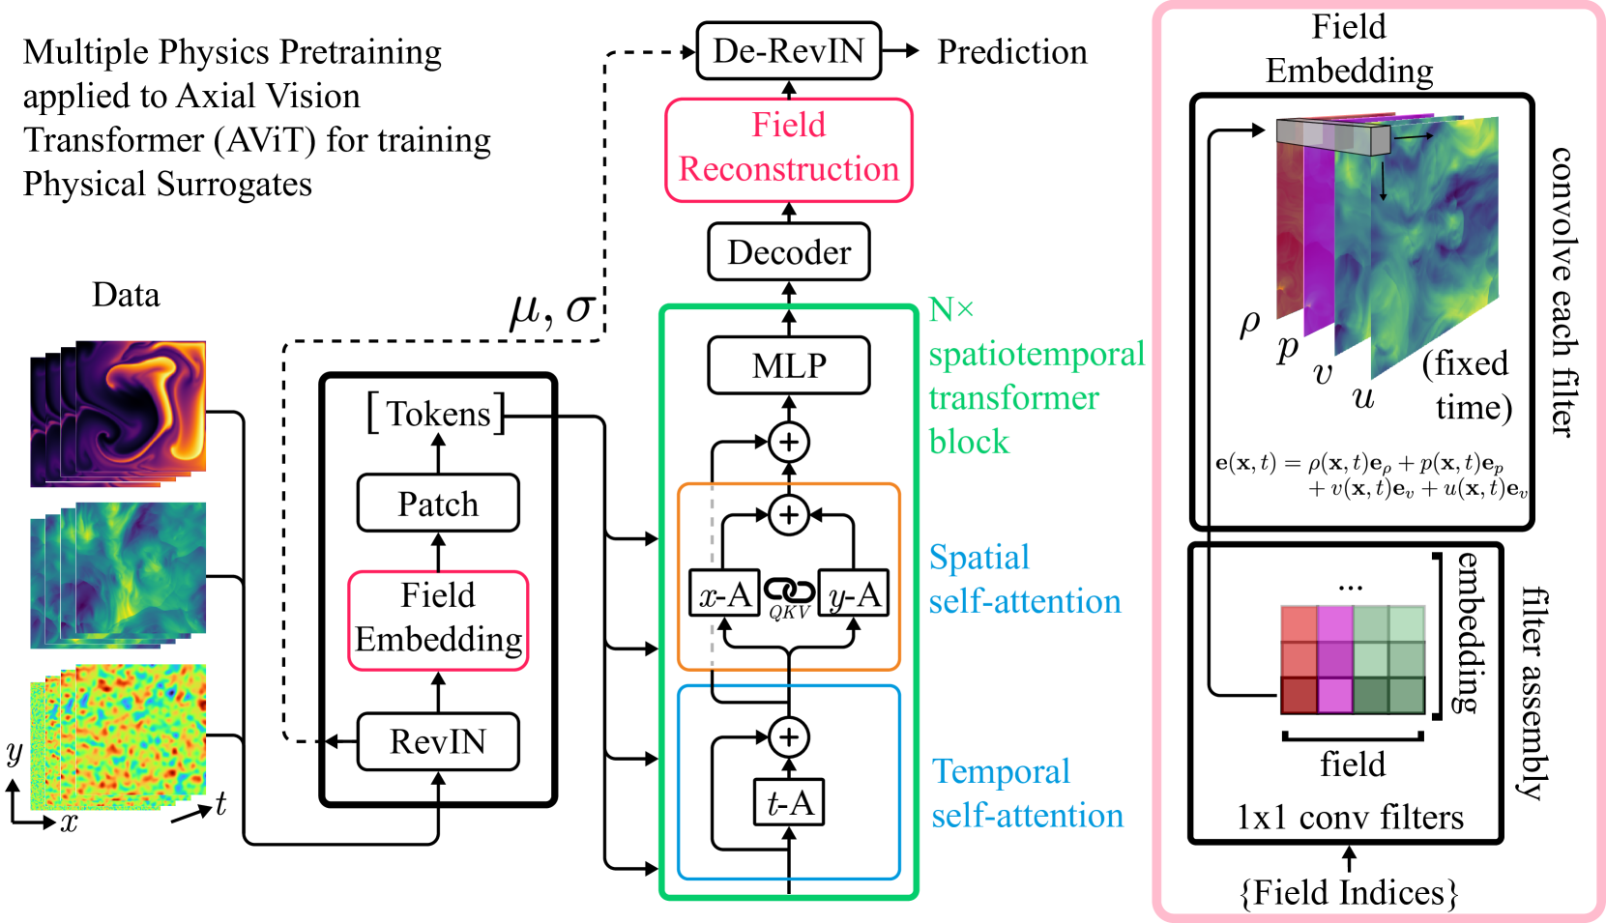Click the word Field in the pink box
coord(788,125)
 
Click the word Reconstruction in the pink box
coord(788,169)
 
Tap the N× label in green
coord(950,310)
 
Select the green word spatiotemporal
coord(1036,355)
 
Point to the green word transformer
coord(1013,398)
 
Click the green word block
coord(969,442)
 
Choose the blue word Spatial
coord(979,558)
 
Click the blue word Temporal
coord(1001,771)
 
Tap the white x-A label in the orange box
coord(724,594)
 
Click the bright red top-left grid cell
coord(1299,624)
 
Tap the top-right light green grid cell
coord(1406,624)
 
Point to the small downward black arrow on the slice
coord(1383,184)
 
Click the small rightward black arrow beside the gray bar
coord(1414,136)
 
